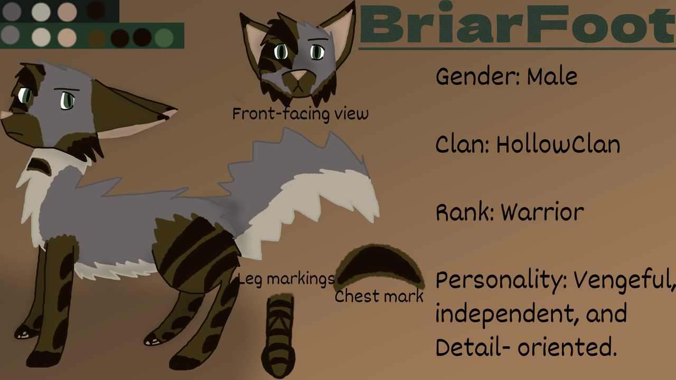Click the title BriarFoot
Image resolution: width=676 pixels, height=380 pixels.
[x=518, y=24]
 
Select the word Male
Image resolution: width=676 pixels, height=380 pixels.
[x=552, y=77]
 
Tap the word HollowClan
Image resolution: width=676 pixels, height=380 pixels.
[x=558, y=144]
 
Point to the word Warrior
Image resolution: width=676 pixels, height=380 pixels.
[x=542, y=212]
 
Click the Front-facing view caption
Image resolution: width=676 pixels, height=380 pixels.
[x=301, y=114]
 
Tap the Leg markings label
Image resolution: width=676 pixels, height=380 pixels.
[x=286, y=279]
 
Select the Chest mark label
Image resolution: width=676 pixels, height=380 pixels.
[x=379, y=296]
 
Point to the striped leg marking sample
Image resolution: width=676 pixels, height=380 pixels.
[x=278, y=337]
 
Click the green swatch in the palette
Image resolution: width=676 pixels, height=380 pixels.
[x=164, y=37]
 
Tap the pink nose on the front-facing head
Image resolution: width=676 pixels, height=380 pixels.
[x=299, y=74]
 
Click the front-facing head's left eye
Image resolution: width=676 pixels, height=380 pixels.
[x=281, y=52]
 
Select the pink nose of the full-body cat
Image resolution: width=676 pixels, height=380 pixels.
[x=5, y=115]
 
